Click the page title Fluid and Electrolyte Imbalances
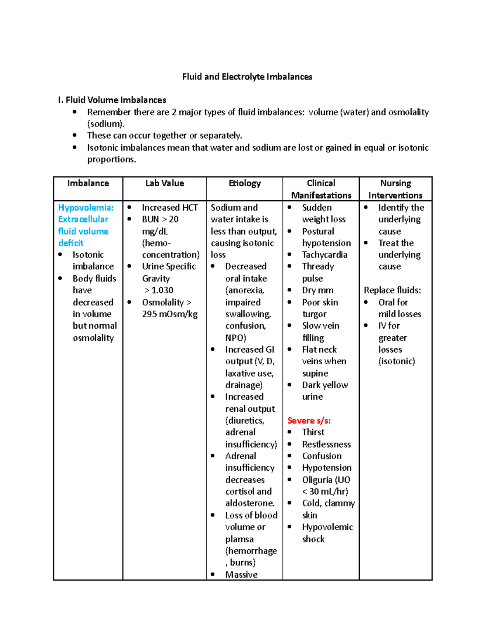point(247,77)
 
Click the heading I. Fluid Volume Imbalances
point(112,100)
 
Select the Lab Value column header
point(165,183)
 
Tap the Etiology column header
point(245,183)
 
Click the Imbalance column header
point(88,183)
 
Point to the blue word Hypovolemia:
point(86,207)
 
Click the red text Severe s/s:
point(309,420)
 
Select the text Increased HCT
point(170,207)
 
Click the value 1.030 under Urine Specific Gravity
point(162,290)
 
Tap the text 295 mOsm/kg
point(170,314)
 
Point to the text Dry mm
point(318,290)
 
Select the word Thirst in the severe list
point(313,432)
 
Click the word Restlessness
point(326,444)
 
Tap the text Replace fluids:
point(392,290)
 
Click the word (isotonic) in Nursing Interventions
point(396,361)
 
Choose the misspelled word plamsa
point(239,539)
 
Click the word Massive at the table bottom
point(241,574)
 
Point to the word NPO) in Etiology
point(236,338)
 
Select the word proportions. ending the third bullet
point(111,159)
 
